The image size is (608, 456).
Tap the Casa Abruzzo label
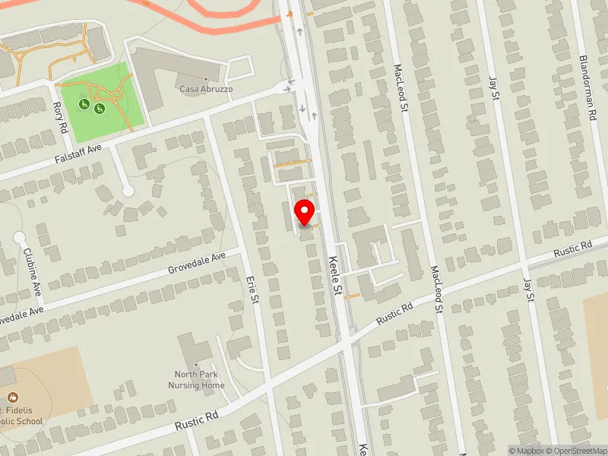click(206, 89)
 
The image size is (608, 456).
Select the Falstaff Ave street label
click(78, 153)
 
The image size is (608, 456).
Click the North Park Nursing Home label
click(196, 379)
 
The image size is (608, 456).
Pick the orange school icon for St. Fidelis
click(13, 397)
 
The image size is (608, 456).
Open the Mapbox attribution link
click(527, 451)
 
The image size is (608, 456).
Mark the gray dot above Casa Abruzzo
click(206, 78)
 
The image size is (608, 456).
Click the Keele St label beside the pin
click(335, 275)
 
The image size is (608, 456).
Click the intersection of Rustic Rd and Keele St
click(347, 341)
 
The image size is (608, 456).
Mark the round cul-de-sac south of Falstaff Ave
click(128, 190)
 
